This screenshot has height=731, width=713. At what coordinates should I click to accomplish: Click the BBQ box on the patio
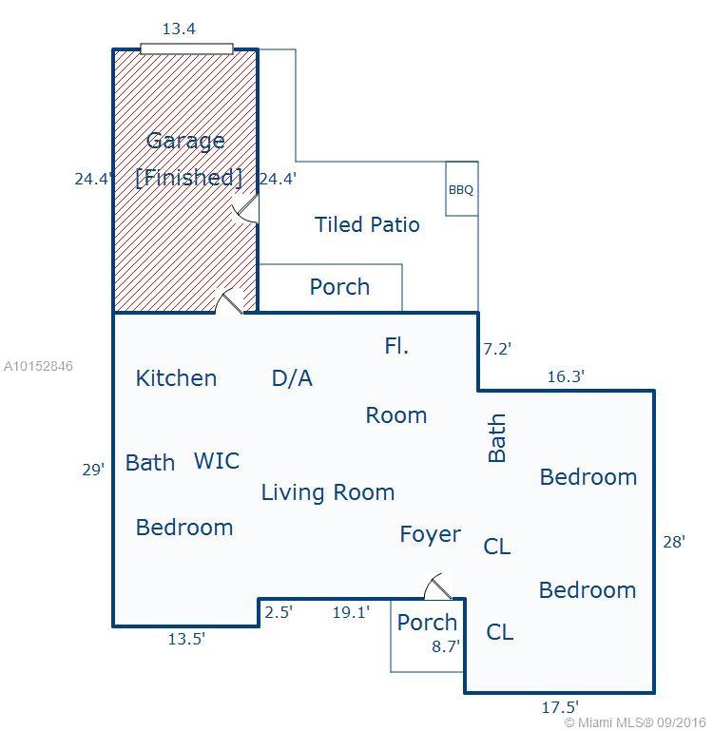462,189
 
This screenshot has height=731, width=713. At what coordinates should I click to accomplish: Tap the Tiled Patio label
367,224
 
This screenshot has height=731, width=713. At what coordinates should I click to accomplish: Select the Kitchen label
176,378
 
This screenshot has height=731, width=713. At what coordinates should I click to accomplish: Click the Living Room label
328,492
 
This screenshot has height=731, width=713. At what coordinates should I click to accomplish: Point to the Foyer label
431,534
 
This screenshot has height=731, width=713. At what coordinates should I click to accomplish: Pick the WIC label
217,461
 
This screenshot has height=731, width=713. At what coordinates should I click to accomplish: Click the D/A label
292,378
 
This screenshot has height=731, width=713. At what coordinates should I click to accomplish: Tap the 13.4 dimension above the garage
179,29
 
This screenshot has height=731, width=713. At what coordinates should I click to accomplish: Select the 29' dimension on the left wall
93,470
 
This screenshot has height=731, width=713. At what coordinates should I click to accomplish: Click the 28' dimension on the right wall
674,542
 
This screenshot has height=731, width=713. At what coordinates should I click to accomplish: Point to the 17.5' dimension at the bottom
560,707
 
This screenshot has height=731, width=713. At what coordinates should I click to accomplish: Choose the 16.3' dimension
566,376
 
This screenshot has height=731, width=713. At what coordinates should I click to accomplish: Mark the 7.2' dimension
497,349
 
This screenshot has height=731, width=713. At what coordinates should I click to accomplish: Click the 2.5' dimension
279,611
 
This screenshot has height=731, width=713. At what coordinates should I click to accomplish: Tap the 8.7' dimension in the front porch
446,646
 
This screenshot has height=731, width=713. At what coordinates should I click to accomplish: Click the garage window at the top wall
187,48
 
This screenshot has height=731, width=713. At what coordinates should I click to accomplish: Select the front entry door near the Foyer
438,587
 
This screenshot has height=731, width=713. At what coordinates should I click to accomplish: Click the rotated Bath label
497,438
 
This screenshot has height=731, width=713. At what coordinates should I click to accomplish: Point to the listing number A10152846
38,366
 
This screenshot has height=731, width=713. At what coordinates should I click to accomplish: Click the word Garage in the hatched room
185,142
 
